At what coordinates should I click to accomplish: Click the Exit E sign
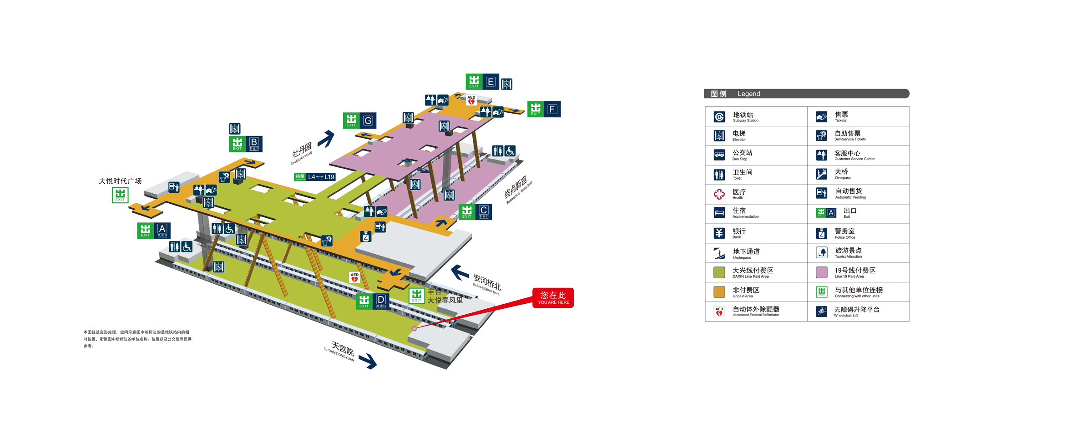pos(482,82)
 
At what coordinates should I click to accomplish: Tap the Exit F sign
pos(544,109)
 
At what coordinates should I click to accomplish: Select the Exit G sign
pos(359,121)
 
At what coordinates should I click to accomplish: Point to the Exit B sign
pos(246,144)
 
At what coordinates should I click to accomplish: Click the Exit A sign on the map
pos(154,231)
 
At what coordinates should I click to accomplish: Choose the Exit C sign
pos(475,212)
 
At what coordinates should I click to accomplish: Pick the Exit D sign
pos(372,301)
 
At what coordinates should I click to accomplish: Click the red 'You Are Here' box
pos(553,298)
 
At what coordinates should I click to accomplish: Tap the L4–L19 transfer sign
pos(315,177)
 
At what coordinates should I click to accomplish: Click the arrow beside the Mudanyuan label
pos(326,139)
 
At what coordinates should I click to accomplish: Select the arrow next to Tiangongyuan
pos(368,362)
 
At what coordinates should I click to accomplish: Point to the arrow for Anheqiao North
pos(460,272)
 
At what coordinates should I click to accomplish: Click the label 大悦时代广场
pos(120,181)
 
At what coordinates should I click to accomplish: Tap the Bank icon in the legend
pos(719,233)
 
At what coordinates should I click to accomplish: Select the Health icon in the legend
pos(719,194)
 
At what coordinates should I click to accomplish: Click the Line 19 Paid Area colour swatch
pos(821,272)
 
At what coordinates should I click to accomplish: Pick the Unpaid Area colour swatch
pos(719,292)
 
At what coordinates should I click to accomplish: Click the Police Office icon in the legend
pos(821,233)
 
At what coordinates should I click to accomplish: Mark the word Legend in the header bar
pos(748,94)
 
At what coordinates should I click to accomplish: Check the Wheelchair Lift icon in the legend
pos(821,311)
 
